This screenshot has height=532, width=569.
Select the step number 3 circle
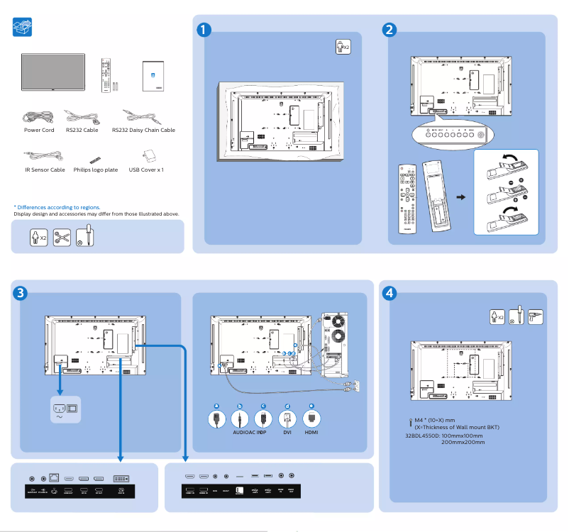point(21,293)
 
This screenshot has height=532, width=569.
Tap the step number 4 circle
point(389,292)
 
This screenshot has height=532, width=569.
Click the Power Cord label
point(39,131)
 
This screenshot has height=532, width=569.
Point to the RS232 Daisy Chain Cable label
point(143,131)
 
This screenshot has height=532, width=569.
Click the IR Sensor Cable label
point(45,170)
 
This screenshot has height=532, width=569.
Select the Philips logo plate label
point(95,170)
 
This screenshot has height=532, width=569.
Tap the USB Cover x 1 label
point(146,170)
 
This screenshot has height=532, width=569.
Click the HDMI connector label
point(311,431)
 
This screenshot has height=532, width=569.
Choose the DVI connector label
point(287,431)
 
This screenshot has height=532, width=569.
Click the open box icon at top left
point(23,28)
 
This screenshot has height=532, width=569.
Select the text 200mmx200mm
point(463,442)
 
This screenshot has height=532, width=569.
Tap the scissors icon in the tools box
point(61,236)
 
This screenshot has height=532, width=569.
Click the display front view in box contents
point(53,72)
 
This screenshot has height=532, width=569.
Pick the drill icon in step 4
point(536,316)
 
